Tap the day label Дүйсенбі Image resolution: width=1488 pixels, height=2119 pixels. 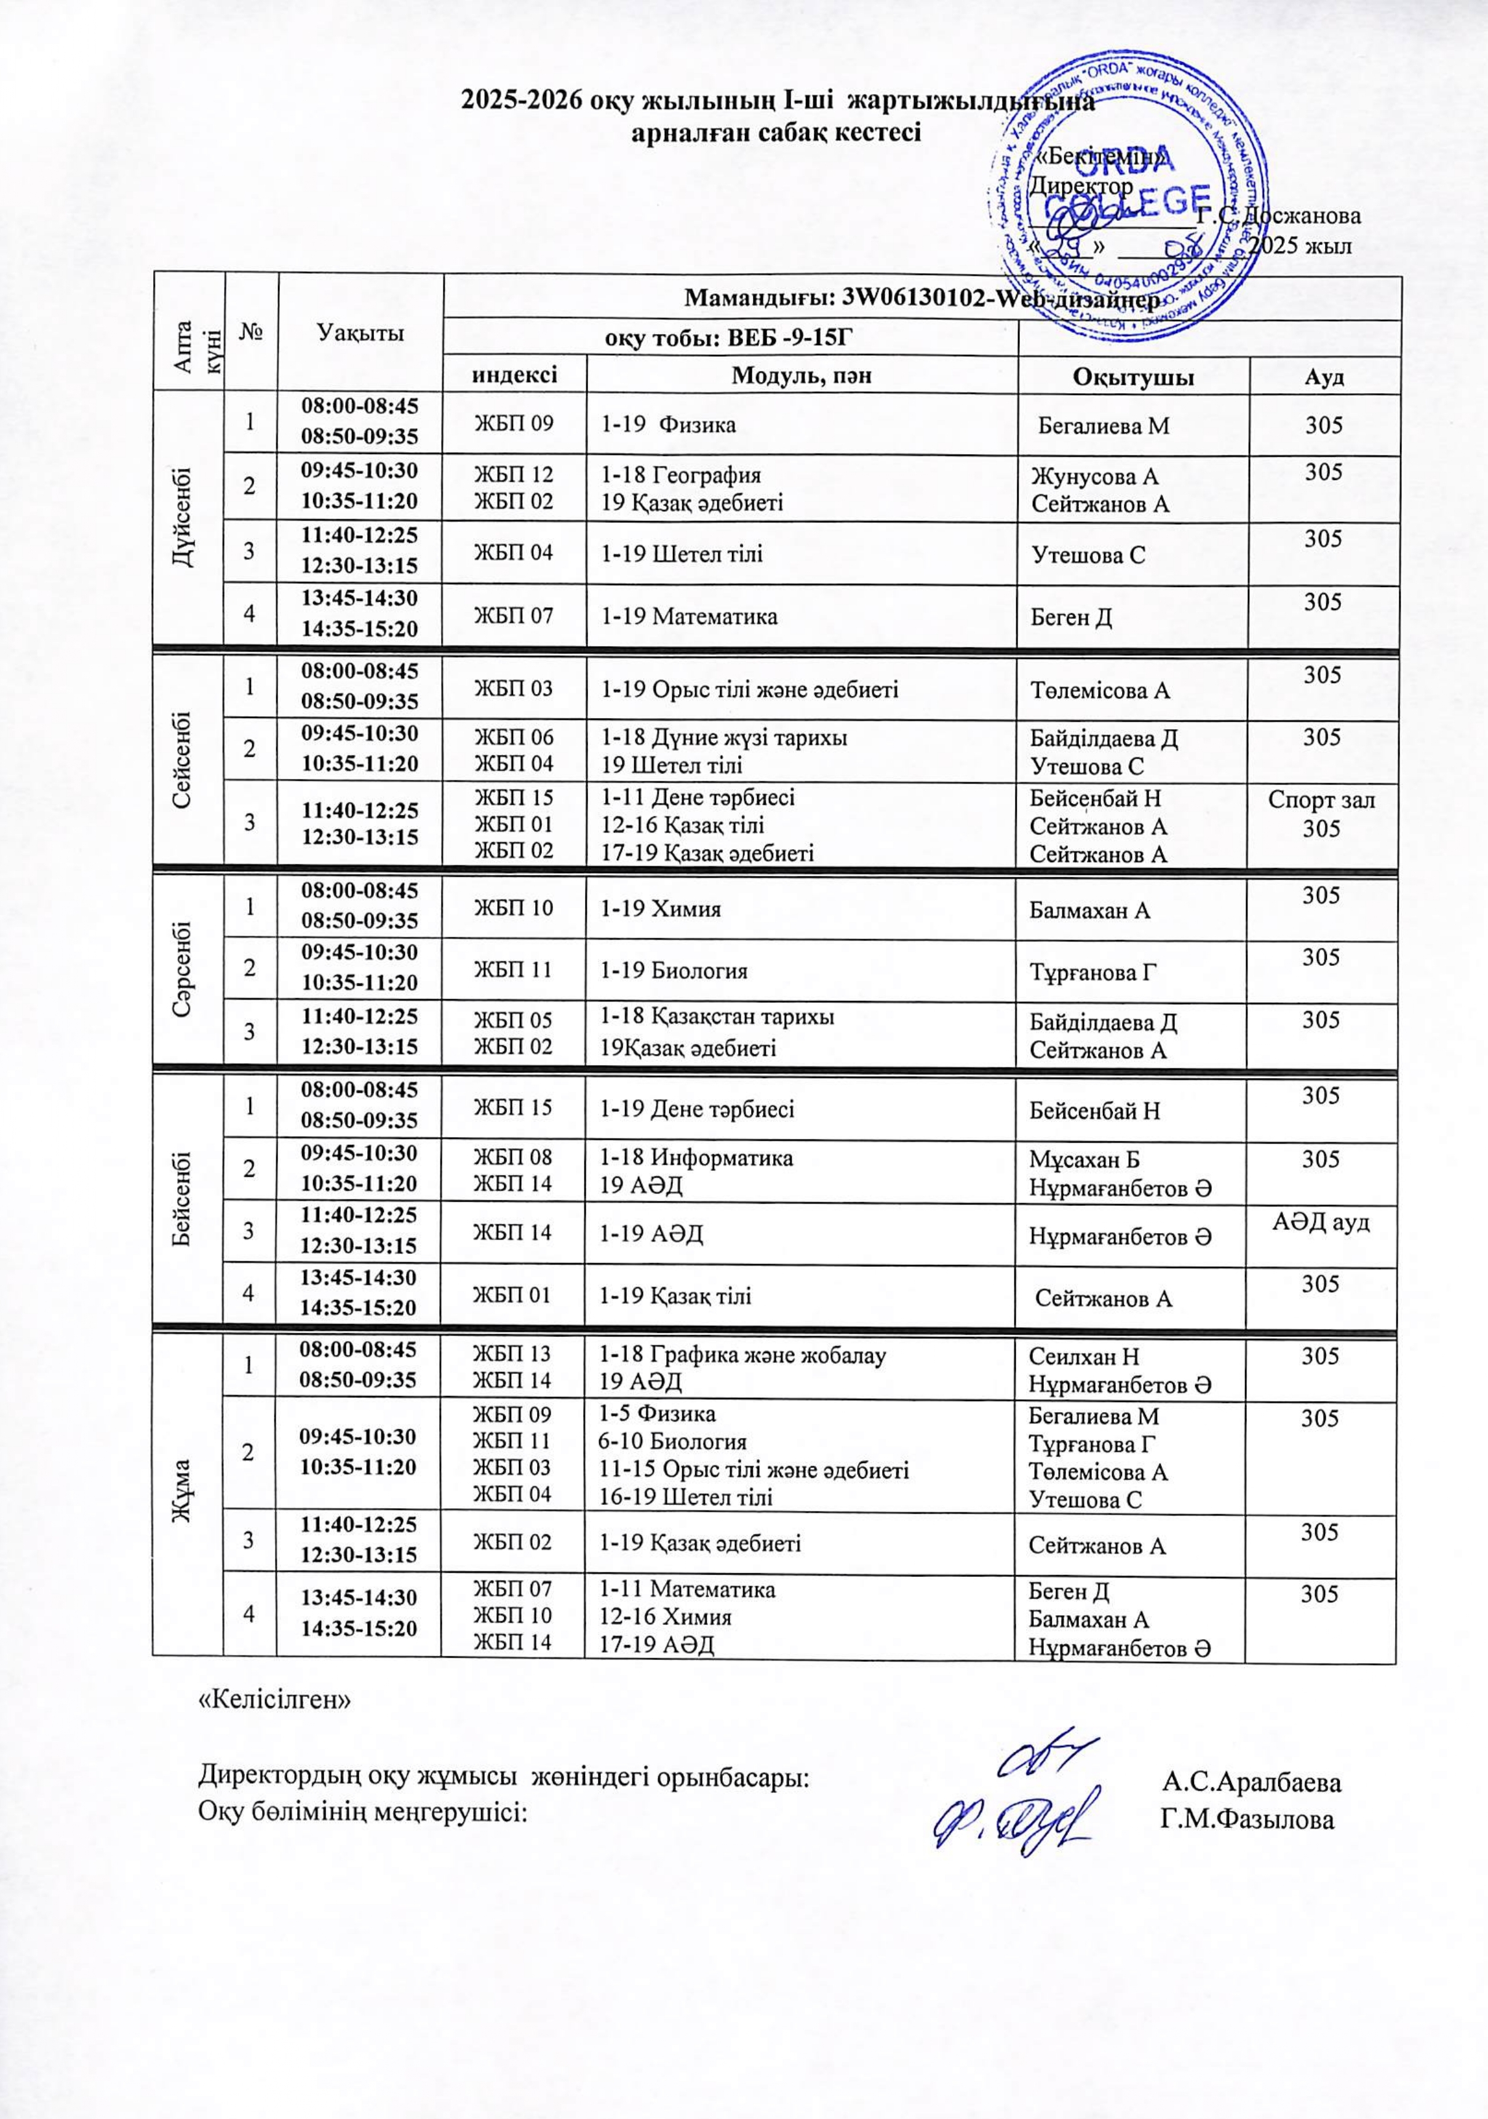point(187,518)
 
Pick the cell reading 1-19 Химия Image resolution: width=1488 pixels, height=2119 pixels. point(661,909)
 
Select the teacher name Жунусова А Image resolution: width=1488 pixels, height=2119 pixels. point(1093,476)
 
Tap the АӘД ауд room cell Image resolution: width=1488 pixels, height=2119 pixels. point(1321,1223)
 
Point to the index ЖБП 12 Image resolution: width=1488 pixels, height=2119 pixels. point(513,475)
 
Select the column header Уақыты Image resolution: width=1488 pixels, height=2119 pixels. point(360,332)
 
